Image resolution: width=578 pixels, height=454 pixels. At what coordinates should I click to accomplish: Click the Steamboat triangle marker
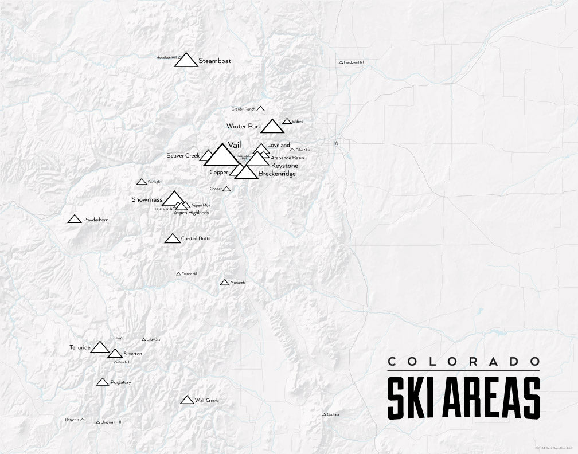click(x=186, y=61)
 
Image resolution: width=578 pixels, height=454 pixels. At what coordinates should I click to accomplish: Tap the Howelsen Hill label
click(x=166, y=57)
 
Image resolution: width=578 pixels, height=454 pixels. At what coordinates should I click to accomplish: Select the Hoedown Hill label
click(x=354, y=62)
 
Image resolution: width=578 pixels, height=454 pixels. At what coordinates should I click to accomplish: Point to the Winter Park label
click(x=243, y=126)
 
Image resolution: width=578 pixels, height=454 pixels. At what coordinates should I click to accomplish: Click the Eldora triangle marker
click(x=287, y=122)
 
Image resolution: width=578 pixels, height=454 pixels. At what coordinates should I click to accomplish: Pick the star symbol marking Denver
click(x=337, y=143)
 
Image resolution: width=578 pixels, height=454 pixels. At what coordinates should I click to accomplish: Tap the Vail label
click(x=233, y=144)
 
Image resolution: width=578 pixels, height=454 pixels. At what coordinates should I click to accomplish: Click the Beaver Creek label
click(x=182, y=155)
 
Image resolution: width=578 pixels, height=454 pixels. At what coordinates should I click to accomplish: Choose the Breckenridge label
click(x=277, y=173)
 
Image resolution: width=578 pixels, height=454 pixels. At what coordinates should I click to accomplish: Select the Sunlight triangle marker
click(x=142, y=182)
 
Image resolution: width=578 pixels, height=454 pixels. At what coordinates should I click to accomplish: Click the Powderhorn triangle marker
click(x=74, y=219)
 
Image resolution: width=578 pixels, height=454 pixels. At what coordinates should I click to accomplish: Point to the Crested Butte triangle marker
click(x=173, y=238)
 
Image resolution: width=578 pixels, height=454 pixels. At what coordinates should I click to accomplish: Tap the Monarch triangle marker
click(x=224, y=282)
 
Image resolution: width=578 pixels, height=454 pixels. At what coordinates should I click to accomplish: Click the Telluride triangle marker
click(x=100, y=347)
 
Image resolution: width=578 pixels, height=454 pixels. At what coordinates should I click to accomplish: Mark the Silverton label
click(x=132, y=354)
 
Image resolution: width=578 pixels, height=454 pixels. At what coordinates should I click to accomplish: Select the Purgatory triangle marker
click(x=103, y=382)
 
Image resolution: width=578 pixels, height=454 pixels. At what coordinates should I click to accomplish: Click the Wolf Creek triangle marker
click(x=186, y=400)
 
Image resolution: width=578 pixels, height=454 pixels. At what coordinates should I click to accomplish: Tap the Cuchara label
click(x=333, y=414)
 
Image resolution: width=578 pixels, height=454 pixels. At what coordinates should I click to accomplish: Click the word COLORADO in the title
click(x=463, y=362)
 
